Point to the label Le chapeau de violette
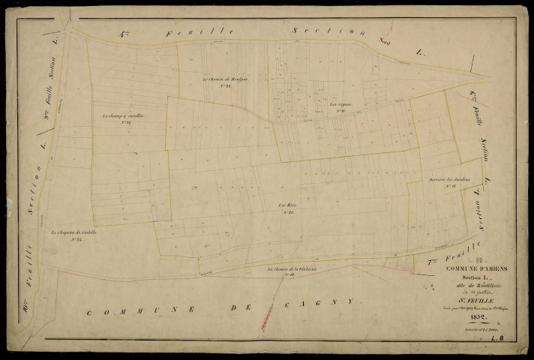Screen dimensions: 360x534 76,233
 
